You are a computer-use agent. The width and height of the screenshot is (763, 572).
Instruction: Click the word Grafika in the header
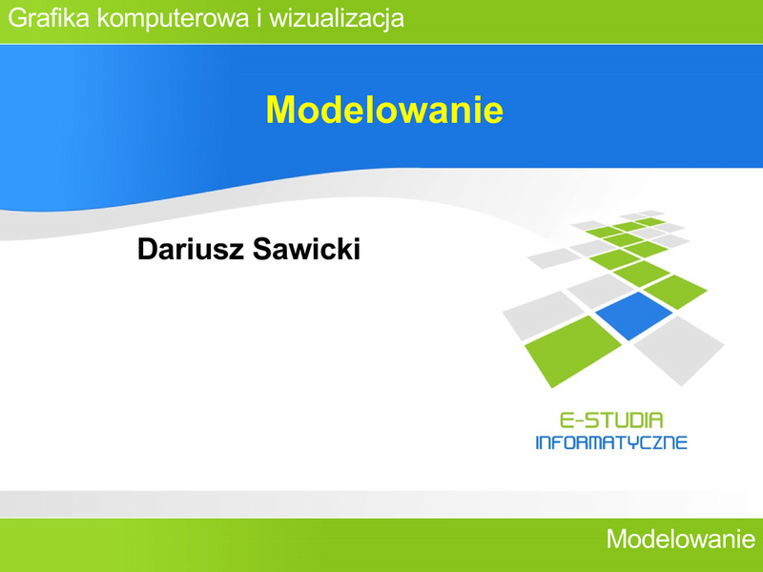pos(49,18)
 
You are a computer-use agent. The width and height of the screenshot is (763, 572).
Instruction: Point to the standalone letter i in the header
pos(259,18)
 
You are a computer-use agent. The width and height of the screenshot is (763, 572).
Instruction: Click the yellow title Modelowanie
pos(384,110)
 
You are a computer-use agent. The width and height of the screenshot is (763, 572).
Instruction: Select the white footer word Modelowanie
pos(681,539)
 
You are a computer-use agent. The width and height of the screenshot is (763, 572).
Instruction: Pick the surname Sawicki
pos(306,249)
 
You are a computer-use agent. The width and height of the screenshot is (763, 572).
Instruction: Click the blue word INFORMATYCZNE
pos(611,442)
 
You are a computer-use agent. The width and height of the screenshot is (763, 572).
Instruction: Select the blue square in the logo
pos(634,316)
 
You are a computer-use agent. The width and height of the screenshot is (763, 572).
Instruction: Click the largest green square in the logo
pos(573,351)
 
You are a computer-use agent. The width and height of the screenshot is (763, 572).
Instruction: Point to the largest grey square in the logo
pos(679,350)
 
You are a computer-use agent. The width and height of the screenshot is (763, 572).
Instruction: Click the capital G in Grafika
pos(18,18)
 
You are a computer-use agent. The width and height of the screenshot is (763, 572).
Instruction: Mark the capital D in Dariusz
pos(148,249)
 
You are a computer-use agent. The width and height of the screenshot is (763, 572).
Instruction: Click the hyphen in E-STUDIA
pos(579,420)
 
